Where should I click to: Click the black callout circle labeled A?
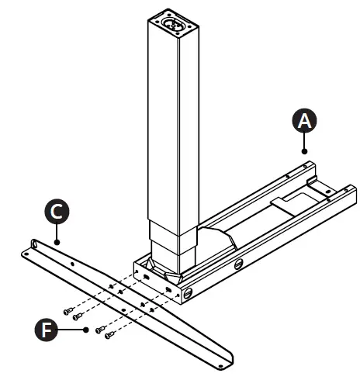coord(304,120)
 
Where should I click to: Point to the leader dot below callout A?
coord(305,150)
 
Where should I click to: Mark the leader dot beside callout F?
coord(86,329)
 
